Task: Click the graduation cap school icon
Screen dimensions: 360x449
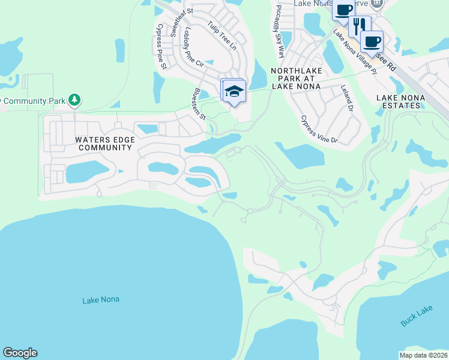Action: coord(234,91)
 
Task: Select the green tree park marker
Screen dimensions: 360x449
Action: coord(74,100)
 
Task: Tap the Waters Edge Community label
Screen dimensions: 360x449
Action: coord(103,143)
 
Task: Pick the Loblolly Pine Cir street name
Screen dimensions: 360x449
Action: coord(196,47)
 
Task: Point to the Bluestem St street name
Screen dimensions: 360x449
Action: coord(199,104)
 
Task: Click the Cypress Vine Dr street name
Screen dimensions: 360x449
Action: coord(319,130)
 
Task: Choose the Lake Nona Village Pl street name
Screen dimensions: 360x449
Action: coord(355,53)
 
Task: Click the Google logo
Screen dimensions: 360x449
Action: coord(20,353)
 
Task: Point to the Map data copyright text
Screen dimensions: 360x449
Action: coord(424,355)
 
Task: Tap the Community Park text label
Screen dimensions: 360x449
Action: coord(32,101)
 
